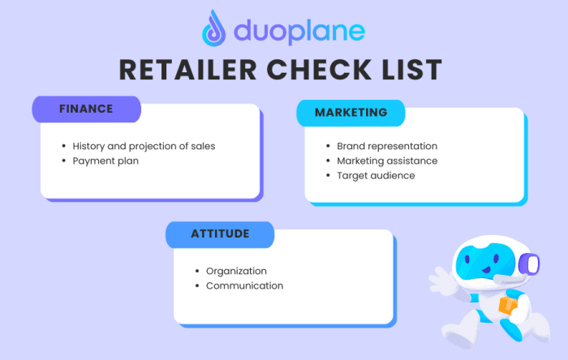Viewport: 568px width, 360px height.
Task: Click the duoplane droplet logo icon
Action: pyautogui.click(x=215, y=29)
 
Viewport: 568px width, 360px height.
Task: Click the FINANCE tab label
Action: pyautogui.click(x=86, y=109)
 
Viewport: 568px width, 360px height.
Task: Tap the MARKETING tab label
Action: pyautogui.click(x=351, y=112)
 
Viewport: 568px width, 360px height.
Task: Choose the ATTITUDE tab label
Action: pyautogui.click(x=220, y=234)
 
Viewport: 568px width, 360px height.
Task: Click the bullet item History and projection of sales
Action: pyautogui.click(x=144, y=146)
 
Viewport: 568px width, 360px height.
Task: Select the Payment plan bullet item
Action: pyautogui.click(x=105, y=161)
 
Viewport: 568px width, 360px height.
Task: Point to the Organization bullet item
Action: pyautogui.click(x=236, y=271)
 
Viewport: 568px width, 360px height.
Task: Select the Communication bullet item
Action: pyautogui.click(x=244, y=285)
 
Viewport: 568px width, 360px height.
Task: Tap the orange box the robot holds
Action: pyautogui.click(x=507, y=306)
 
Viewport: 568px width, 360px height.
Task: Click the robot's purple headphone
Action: pyautogui.click(x=531, y=264)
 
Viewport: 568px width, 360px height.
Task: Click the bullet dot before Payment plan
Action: pyautogui.click(x=64, y=161)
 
